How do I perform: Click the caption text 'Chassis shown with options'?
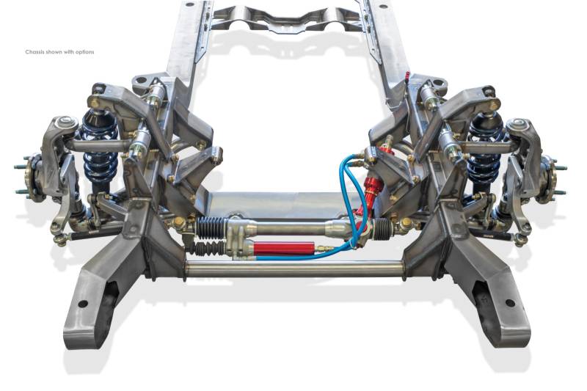(x=60, y=52)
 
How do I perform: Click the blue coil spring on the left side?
(x=99, y=150)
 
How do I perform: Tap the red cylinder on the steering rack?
(x=285, y=248)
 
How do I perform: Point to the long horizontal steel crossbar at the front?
(x=294, y=269)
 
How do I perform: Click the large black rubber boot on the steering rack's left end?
(x=211, y=228)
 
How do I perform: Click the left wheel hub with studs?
(x=32, y=178)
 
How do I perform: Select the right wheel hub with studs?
(x=550, y=180)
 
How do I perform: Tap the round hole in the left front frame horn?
(x=83, y=304)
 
